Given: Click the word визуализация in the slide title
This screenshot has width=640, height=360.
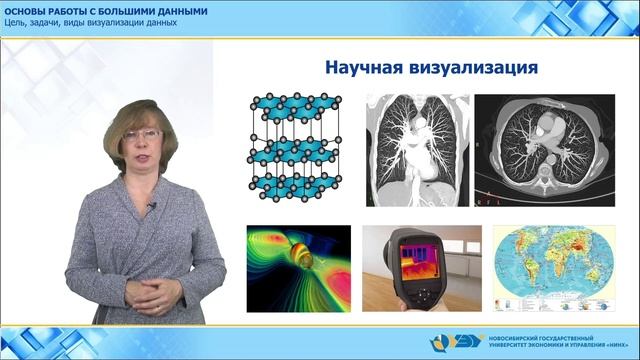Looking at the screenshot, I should click(x=476, y=69).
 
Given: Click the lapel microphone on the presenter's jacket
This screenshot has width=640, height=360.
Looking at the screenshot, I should click(x=151, y=206).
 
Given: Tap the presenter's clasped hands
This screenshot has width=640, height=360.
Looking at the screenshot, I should click(x=158, y=293).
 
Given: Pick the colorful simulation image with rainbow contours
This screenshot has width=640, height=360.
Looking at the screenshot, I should click(x=299, y=268).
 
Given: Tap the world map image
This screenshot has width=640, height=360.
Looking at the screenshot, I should click(x=529, y=268).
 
